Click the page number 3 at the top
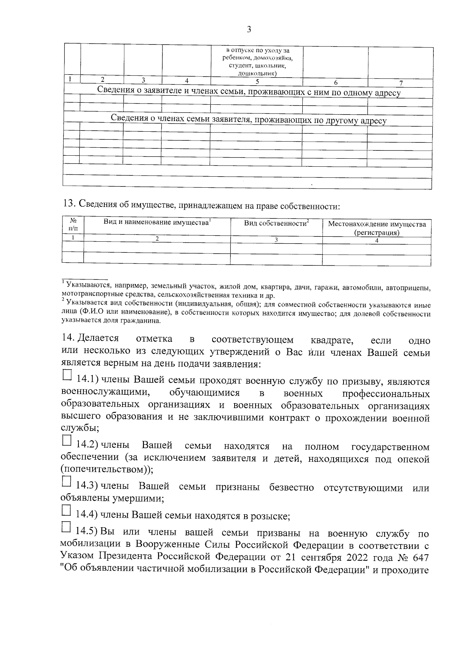point(249,30)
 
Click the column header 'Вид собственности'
point(276,223)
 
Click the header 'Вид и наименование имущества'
point(157,222)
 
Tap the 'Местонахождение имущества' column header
point(377,224)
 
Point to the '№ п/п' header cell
point(73,224)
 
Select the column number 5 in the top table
point(257,81)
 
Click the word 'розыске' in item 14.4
point(273,516)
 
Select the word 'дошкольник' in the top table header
point(257,73)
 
